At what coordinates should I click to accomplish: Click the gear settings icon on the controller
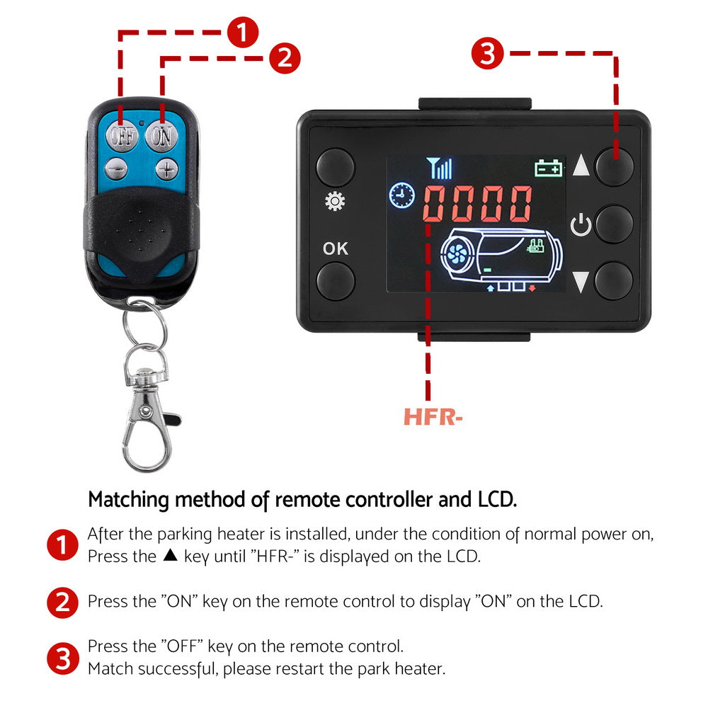[333, 202]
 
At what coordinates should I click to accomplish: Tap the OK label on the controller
[335, 249]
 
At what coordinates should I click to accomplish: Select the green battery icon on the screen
[549, 168]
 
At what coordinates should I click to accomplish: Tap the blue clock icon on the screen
[402, 195]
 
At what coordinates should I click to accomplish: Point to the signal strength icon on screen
[440, 169]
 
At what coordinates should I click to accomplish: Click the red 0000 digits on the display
[478, 205]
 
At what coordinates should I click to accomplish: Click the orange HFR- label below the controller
[433, 417]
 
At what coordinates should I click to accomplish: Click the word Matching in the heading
[129, 499]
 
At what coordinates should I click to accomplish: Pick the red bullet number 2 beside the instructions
[62, 602]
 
